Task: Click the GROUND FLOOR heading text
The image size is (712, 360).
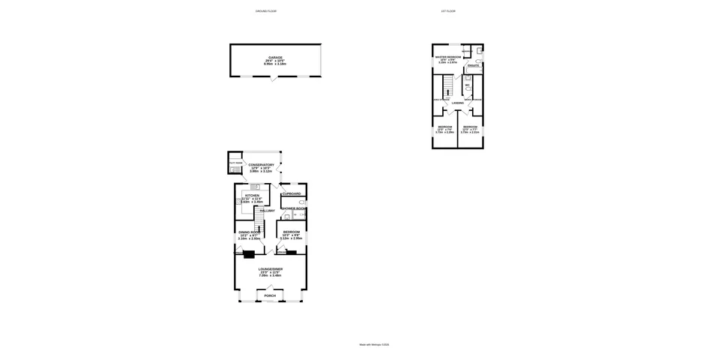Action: click(266, 12)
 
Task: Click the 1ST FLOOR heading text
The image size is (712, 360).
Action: click(449, 12)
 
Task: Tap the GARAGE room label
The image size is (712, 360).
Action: click(275, 58)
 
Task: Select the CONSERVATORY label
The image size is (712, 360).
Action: click(262, 165)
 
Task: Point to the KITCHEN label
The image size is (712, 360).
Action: click(251, 195)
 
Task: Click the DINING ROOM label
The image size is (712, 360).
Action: click(250, 232)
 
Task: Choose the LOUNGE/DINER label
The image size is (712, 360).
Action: click(270, 268)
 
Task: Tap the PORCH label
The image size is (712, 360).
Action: click(270, 295)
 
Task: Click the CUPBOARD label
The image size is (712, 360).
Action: click(292, 194)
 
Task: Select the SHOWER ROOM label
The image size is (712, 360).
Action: click(293, 208)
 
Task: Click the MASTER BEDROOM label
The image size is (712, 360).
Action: click(448, 56)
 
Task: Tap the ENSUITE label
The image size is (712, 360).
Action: click(474, 67)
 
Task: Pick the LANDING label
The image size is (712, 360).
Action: click(457, 103)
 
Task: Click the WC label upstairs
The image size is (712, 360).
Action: click(467, 85)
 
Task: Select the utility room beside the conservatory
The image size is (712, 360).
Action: click(235, 164)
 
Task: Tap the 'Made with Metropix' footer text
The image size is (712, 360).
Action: click(373, 345)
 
